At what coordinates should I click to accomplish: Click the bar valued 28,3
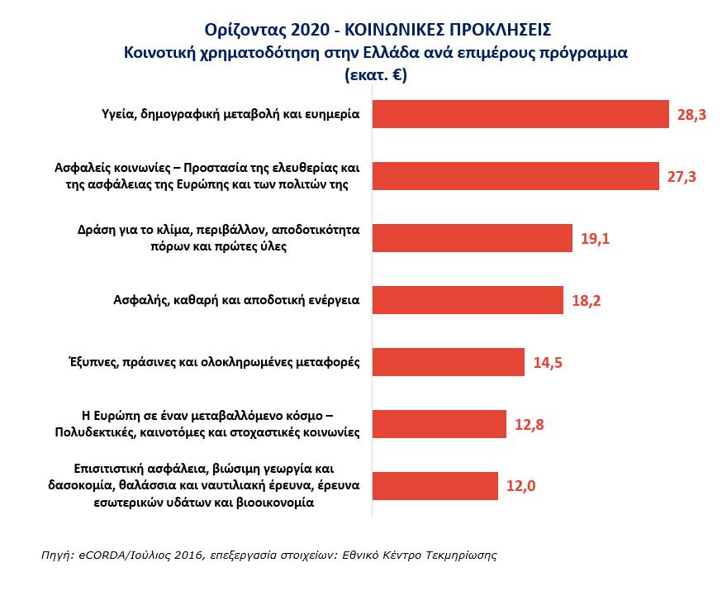520,114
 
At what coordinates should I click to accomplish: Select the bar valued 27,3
515,176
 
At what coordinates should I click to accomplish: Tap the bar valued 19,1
472,238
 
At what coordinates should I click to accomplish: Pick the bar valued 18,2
468,300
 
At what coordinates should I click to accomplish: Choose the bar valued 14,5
449,362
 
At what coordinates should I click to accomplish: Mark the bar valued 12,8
439,424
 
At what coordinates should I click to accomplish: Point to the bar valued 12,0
435,486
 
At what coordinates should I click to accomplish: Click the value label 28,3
691,115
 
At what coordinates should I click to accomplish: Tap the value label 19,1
595,239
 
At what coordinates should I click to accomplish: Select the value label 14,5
547,363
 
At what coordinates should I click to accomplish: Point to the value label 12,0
520,487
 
